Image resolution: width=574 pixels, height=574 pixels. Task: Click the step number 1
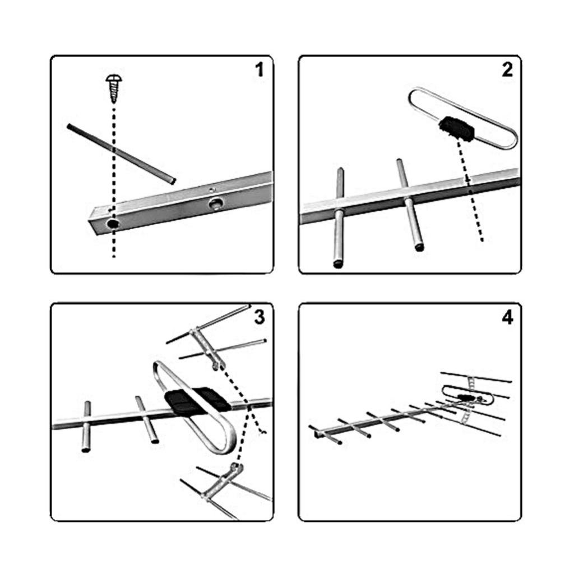pos(260,70)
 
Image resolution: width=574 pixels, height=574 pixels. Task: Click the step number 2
pos(507,70)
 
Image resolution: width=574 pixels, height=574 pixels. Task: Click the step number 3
pos(259,317)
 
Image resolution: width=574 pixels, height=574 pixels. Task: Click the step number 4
pos(507,318)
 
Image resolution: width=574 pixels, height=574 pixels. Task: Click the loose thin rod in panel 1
pos(122,154)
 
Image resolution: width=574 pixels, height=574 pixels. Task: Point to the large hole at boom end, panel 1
pos(112,223)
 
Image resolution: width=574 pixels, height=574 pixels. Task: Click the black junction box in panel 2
pos(457,129)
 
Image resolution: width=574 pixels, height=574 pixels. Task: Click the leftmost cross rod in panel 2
pos(339,218)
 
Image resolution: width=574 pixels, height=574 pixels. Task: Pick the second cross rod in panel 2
pos(410,204)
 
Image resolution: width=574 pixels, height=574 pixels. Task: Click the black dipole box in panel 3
pos(197,401)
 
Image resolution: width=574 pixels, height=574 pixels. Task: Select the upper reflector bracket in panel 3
pos(207,348)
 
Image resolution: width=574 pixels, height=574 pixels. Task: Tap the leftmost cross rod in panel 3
pos(87,427)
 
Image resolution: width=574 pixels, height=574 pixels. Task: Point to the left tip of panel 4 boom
pos(316,434)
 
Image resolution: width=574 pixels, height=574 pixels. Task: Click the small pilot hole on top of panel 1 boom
pos(211,189)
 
